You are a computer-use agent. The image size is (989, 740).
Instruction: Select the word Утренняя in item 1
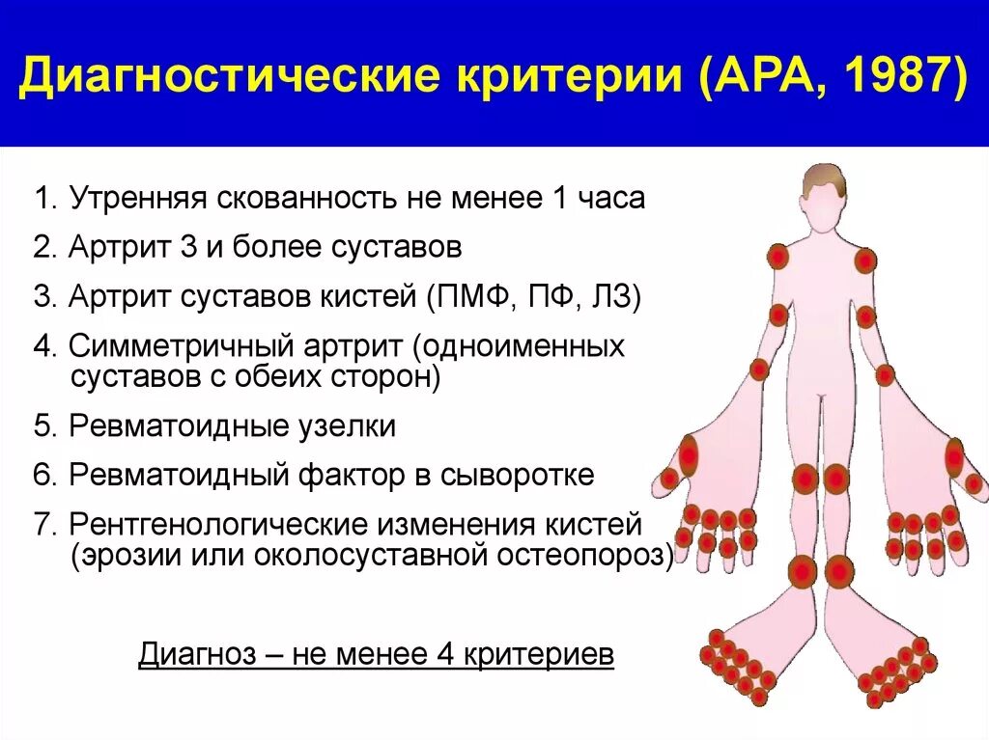click(138, 199)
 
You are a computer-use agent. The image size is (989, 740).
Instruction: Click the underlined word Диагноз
click(197, 654)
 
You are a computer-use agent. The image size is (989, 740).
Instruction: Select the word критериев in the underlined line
click(539, 654)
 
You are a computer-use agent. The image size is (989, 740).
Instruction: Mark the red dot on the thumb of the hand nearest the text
click(668, 479)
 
